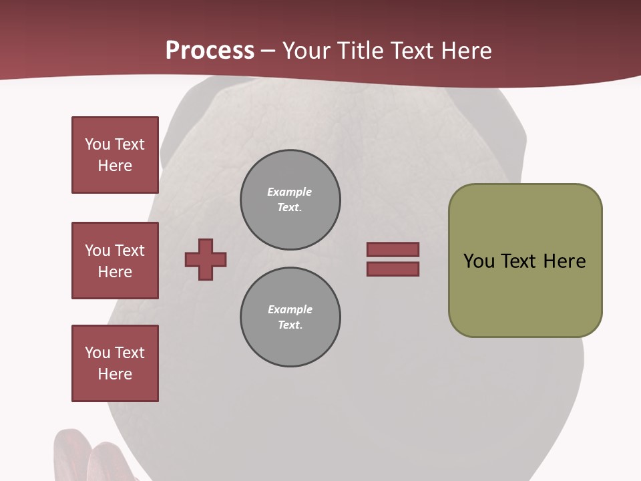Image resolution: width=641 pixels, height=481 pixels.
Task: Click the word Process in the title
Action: [x=210, y=51]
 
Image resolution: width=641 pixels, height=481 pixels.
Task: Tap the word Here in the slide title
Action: [x=465, y=51]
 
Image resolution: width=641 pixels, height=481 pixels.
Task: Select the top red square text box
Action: [x=115, y=155]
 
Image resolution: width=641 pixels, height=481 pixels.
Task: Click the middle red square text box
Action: [x=115, y=261]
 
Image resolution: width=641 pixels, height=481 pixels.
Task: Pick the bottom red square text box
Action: [x=115, y=363]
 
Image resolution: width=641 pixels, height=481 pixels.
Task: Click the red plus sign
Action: [x=206, y=259]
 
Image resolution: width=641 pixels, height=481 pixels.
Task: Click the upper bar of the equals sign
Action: [x=393, y=249]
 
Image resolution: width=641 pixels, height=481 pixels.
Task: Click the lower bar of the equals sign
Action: [x=393, y=269]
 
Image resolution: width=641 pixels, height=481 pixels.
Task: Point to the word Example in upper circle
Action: [x=289, y=192]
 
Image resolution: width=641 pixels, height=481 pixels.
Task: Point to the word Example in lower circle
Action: [x=290, y=309]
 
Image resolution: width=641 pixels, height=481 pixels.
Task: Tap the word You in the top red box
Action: [x=97, y=144]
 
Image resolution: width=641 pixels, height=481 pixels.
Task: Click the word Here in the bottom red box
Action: [x=115, y=374]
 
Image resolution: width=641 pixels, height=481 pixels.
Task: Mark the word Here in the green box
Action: [x=564, y=261]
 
